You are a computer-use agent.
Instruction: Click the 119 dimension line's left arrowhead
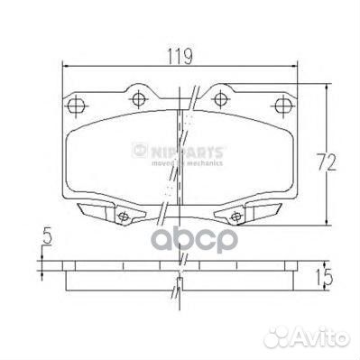tap(65, 66)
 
